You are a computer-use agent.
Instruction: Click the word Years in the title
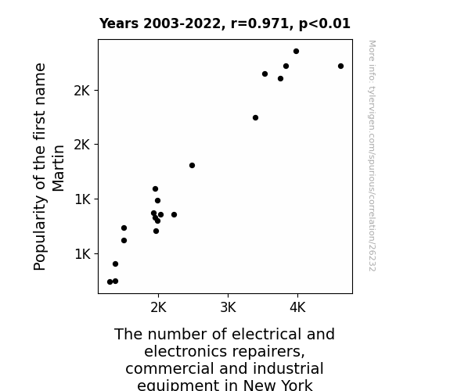pyautogui.click(x=119, y=23)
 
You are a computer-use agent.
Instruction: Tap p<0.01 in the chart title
pyautogui.click(x=325, y=24)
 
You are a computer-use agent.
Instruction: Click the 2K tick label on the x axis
pyautogui.click(x=158, y=307)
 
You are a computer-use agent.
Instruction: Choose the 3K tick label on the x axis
pyautogui.click(x=228, y=307)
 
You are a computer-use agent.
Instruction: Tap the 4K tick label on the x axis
pyautogui.click(x=297, y=307)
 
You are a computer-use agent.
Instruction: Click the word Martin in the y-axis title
pyautogui.click(x=58, y=168)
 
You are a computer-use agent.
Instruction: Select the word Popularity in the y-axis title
pyautogui.click(x=40, y=233)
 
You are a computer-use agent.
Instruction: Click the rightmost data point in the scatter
pyautogui.click(x=340, y=66)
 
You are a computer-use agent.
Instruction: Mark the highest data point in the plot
pyautogui.click(x=296, y=52)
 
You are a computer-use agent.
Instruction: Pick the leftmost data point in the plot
pyautogui.click(x=110, y=282)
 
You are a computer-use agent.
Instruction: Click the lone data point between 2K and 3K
pyautogui.click(x=192, y=166)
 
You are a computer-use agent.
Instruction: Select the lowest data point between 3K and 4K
pyautogui.click(x=255, y=117)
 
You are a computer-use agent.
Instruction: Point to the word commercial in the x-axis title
pyautogui.click(x=171, y=368)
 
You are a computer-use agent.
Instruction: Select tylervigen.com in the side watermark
pyautogui.click(x=372, y=112)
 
